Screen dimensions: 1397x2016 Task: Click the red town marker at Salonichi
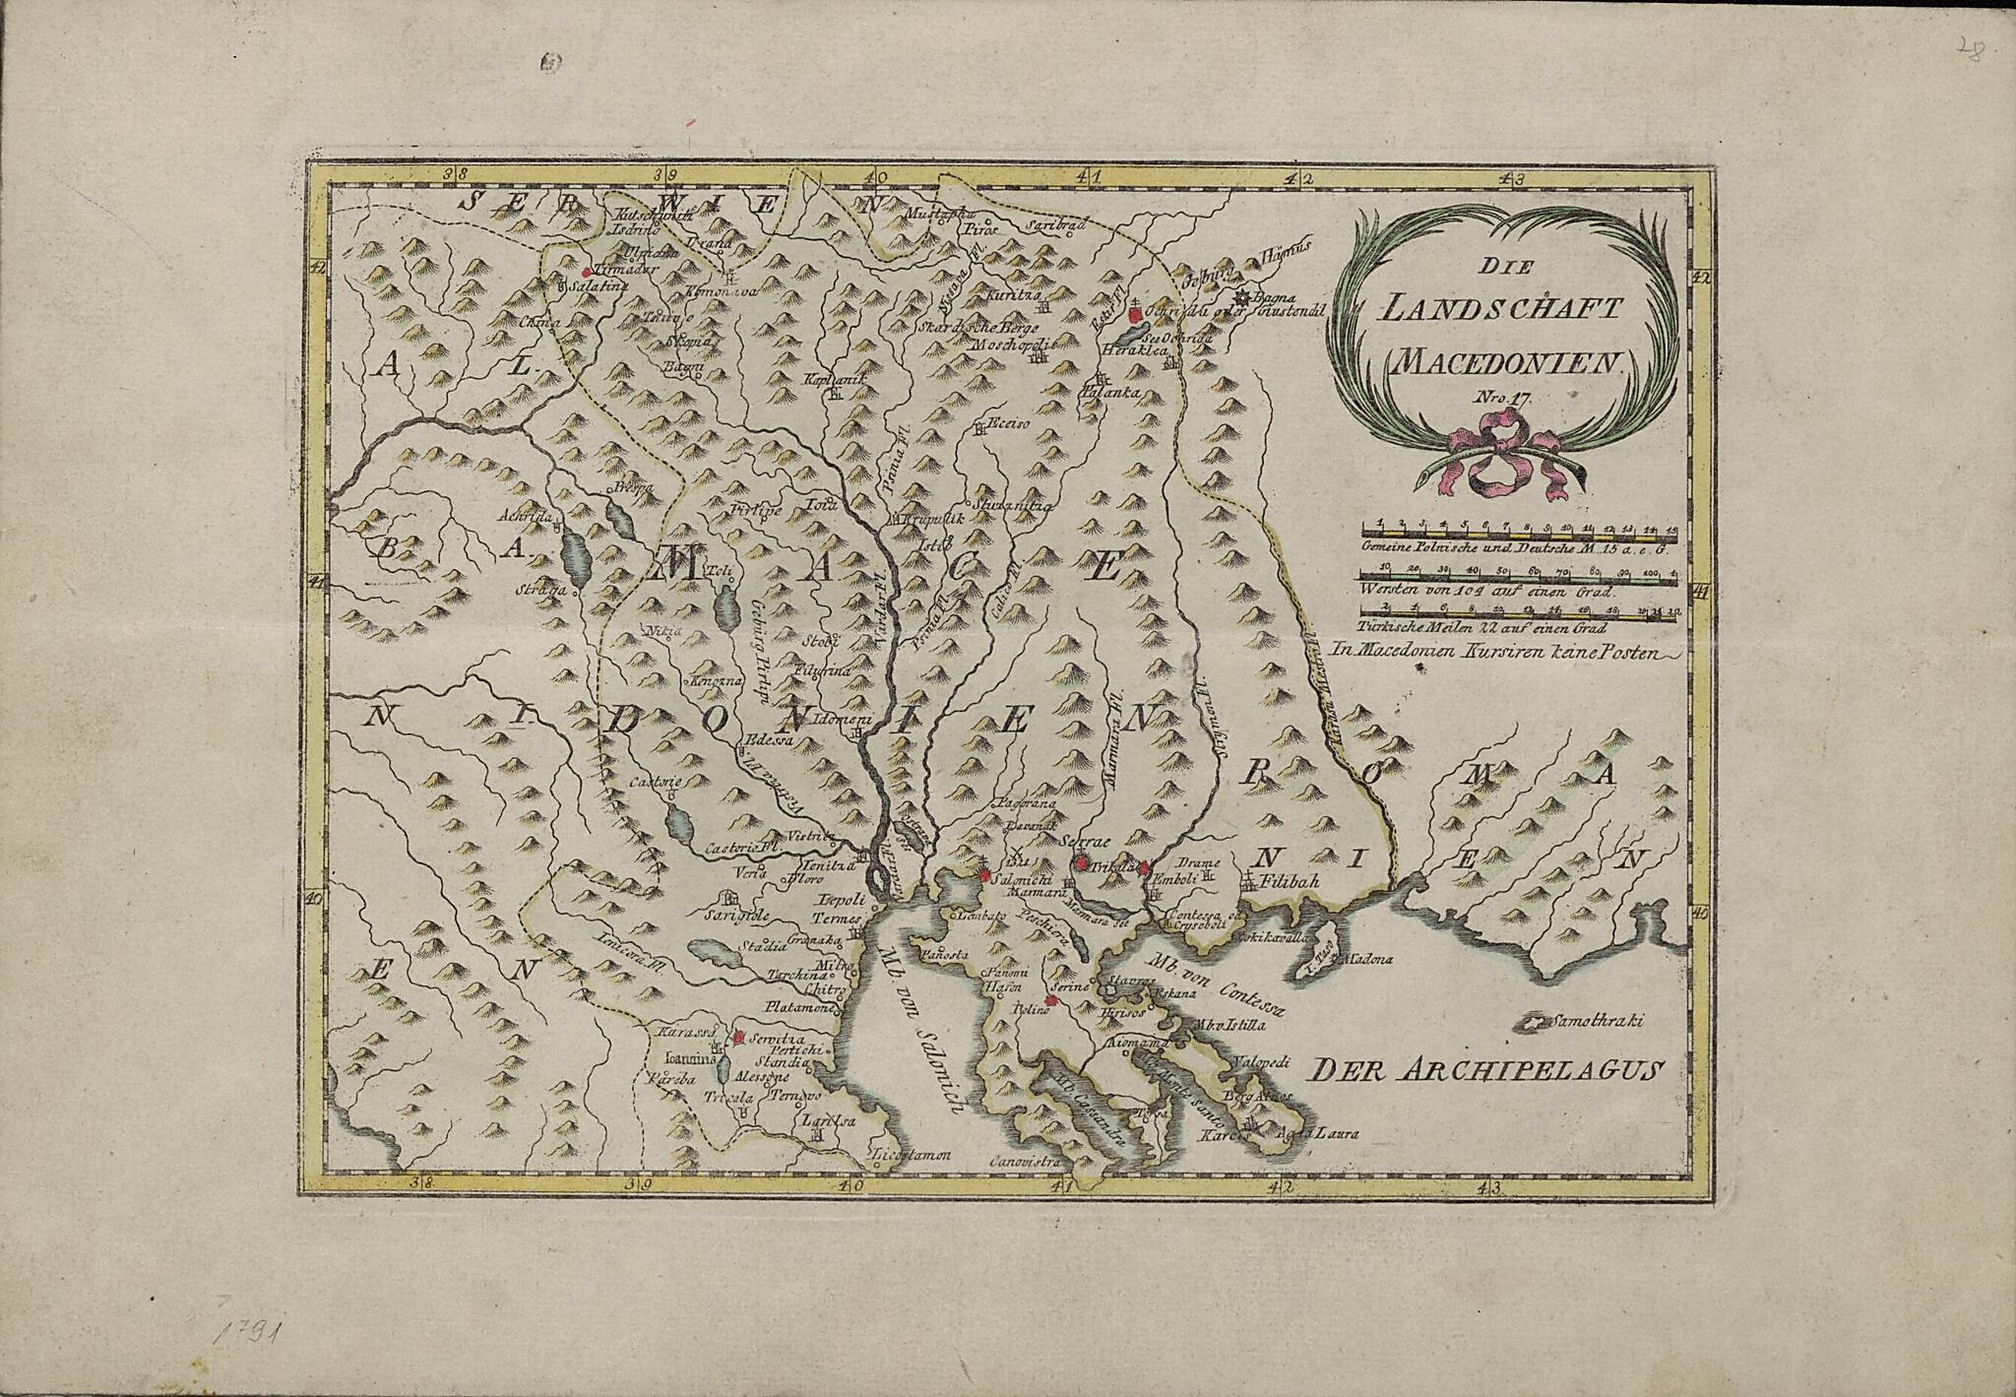tap(983, 873)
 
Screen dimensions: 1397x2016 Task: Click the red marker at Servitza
tap(738, 1037)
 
